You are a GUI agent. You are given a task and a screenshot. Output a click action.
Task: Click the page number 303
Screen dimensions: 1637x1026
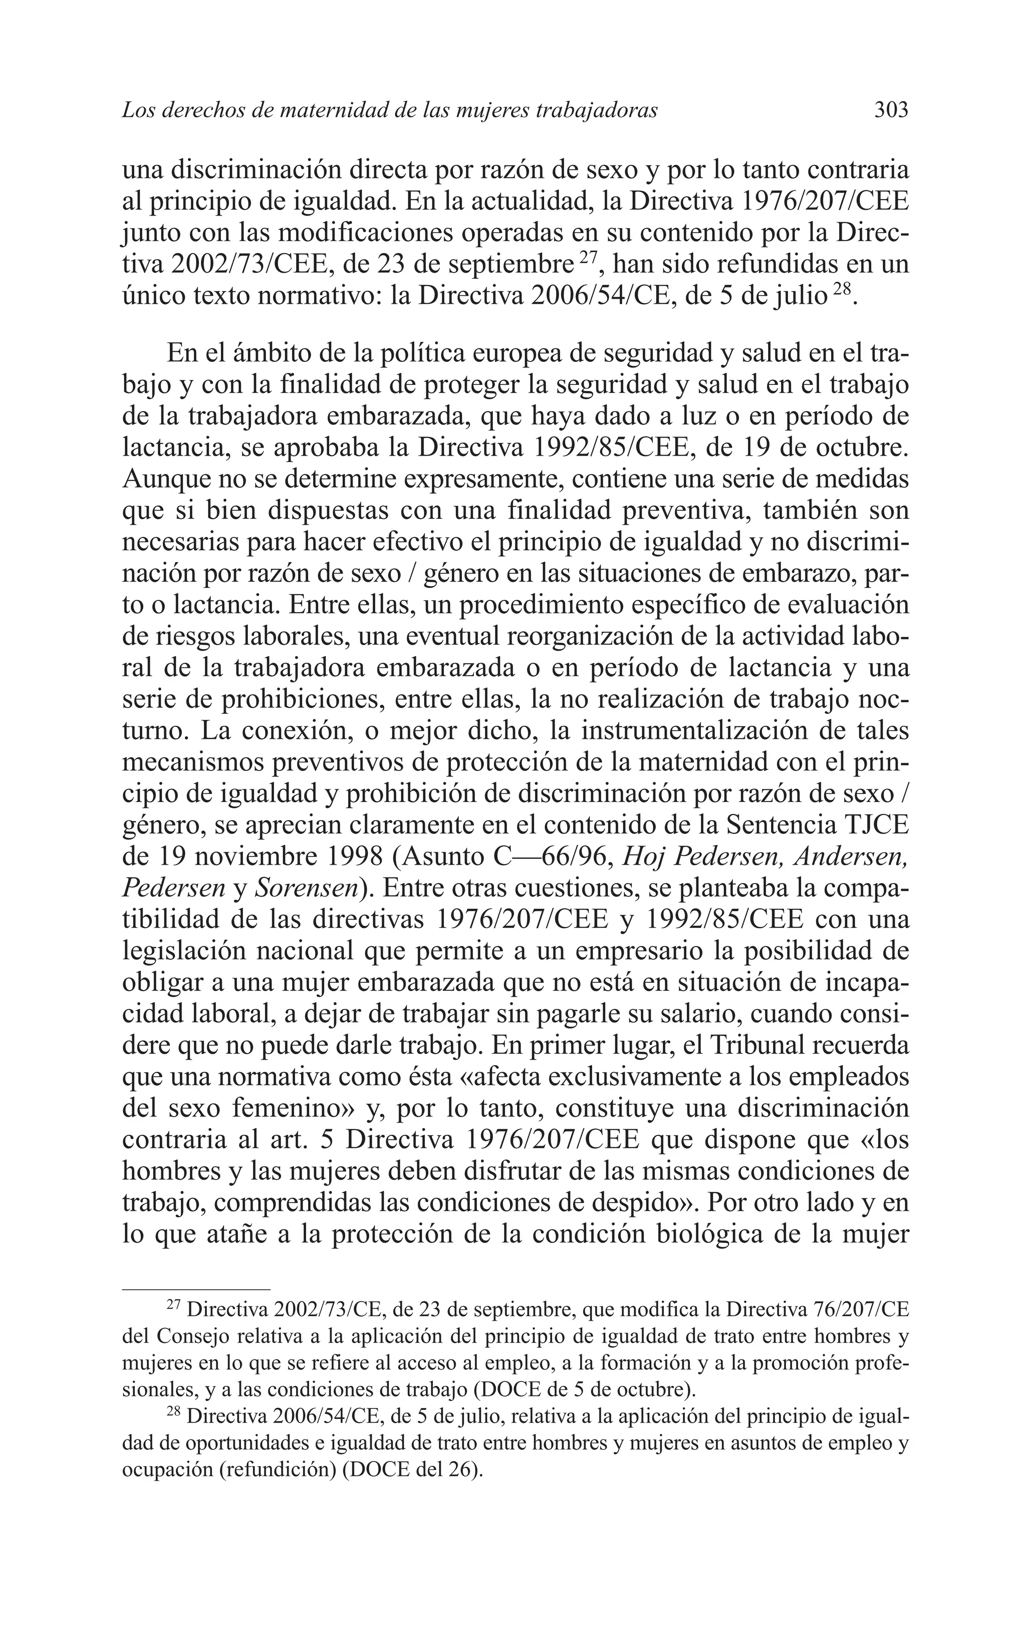891,110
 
